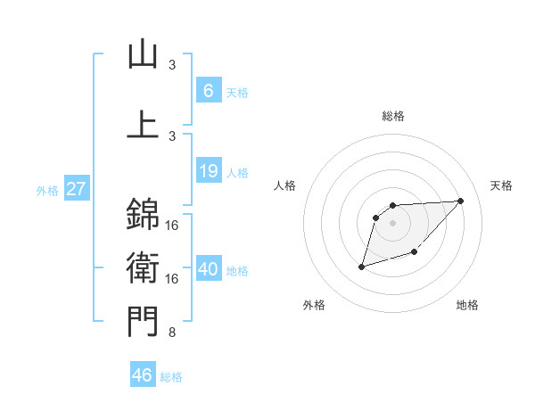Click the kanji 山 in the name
coord(143,55)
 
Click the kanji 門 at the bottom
coord(143,321)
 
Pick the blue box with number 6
coord(208,90)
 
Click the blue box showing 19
coord(208,171)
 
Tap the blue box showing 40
coord(208,269)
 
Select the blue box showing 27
coord(76,189)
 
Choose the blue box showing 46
coord(143,375)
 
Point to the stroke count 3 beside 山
coord(172,65)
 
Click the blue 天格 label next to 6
coord(237,92)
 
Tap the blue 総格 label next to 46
coord(171,377)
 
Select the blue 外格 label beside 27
coord(46,190)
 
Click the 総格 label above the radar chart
coord(393,116)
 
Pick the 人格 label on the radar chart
coord(284,185)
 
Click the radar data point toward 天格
coord(460,201)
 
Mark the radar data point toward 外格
coord(361,267)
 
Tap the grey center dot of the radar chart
coord(393,222)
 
